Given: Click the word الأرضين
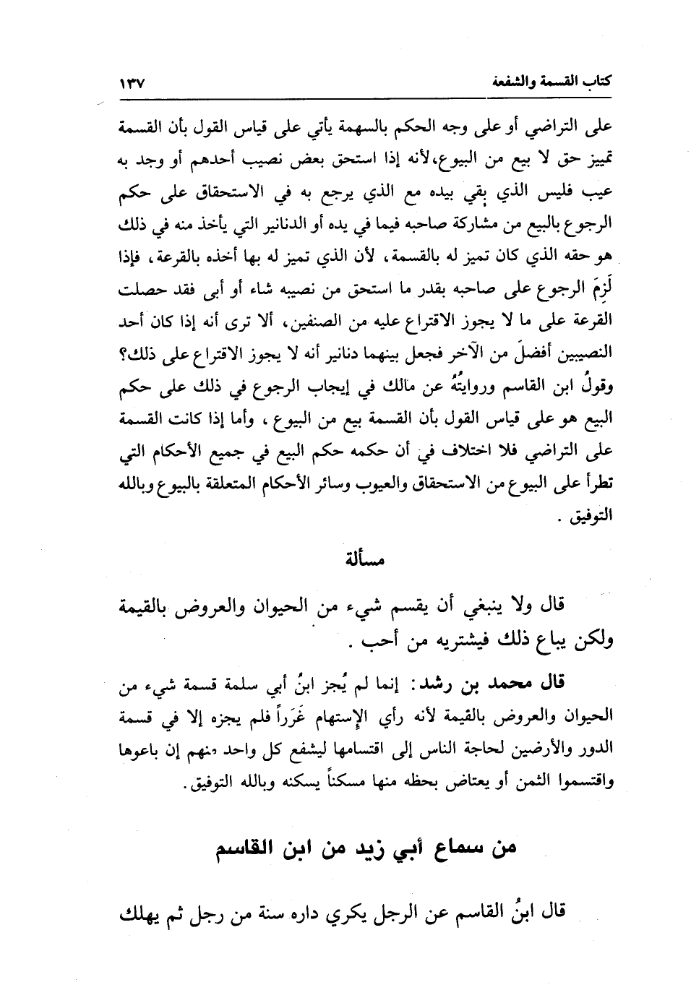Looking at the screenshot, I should click(506, 749).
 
